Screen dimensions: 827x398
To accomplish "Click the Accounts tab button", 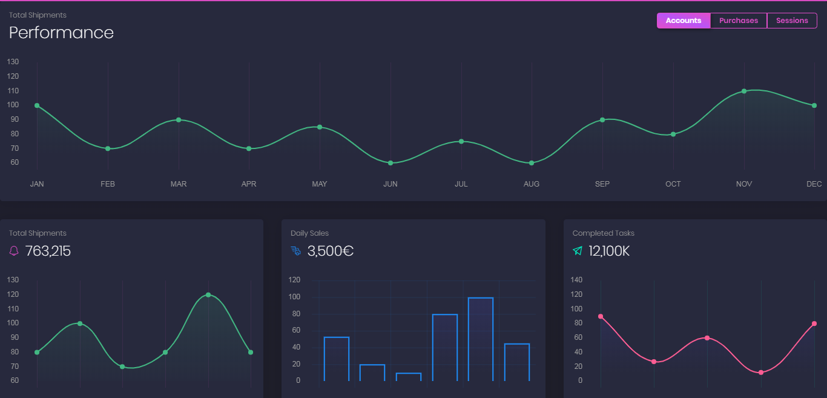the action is (x=684, y=21).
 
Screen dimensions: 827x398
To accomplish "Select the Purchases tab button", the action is (x=739, y=21).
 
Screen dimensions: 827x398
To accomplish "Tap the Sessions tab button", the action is (x=792, y=21).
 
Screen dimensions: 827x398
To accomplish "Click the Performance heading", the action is (x=61, y=33).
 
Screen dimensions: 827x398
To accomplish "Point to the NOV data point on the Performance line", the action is (x=744, y=91).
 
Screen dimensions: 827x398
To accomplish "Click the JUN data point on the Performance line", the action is (x=390, y=163).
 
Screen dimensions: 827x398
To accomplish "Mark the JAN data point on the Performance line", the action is (x=37, y=105).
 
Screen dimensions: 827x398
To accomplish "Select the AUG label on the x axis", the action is (x=532, y=184).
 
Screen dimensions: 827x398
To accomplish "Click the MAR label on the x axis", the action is (x=179, y=184).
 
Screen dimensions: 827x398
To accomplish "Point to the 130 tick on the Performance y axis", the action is (x=13, y=62).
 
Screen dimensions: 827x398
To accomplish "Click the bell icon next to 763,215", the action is (x=14, y=251).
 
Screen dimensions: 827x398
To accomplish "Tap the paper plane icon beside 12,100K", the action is (x=578, y=251).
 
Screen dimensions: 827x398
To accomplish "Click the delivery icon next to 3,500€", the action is (x=295, y=251).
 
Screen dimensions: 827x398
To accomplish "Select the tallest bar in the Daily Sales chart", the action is (x=481, y=339).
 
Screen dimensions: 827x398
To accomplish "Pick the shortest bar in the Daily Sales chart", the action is (x=409, y=377).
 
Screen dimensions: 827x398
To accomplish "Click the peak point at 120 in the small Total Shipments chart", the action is (x=208, y=295).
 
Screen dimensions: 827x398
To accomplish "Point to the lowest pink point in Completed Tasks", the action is (x=761, y=373).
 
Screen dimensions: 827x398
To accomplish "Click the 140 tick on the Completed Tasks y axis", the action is (x=576, y=280).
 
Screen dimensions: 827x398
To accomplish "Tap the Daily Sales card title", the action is (x=309, y=233).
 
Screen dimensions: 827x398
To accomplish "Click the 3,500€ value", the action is (x=331, y=251).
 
